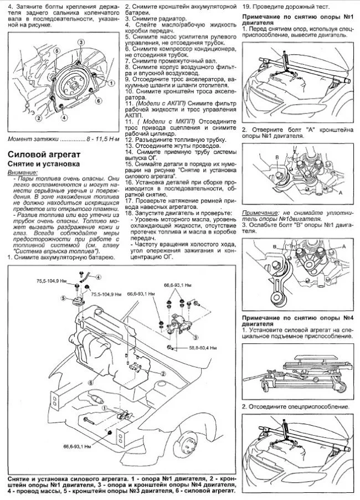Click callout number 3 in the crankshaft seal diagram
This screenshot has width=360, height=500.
[80, 43]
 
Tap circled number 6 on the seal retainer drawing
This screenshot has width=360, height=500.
[98, 101]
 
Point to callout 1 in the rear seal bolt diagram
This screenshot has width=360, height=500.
[111, 82]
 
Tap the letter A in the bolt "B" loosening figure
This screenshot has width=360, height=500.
[344, 245]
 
